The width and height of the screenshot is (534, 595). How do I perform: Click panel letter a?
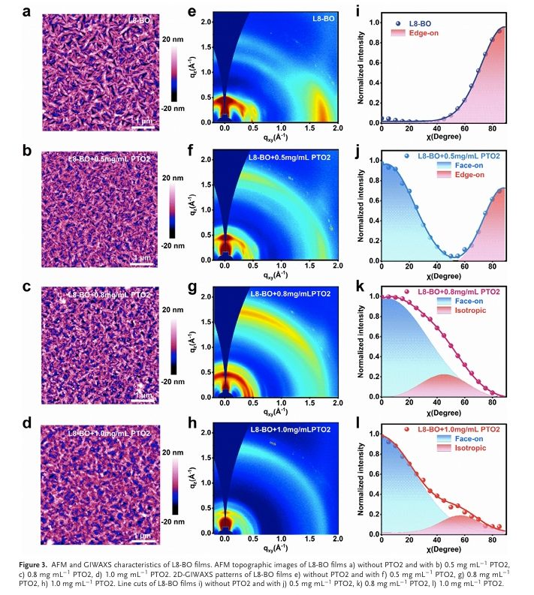pos(26,12)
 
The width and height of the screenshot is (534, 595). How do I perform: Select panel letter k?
pos(362,287)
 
